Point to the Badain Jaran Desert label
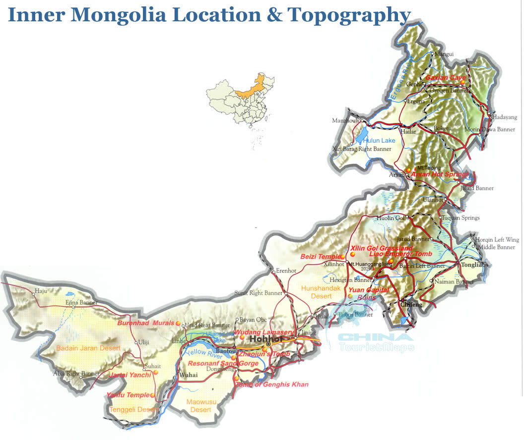(88, 348)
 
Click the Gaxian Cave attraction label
(445, 78)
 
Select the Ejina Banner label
(82, 303)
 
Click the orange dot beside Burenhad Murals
(178, 323)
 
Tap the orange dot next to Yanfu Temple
(152, 395)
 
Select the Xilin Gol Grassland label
(381, 248)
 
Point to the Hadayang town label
(505, 117)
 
